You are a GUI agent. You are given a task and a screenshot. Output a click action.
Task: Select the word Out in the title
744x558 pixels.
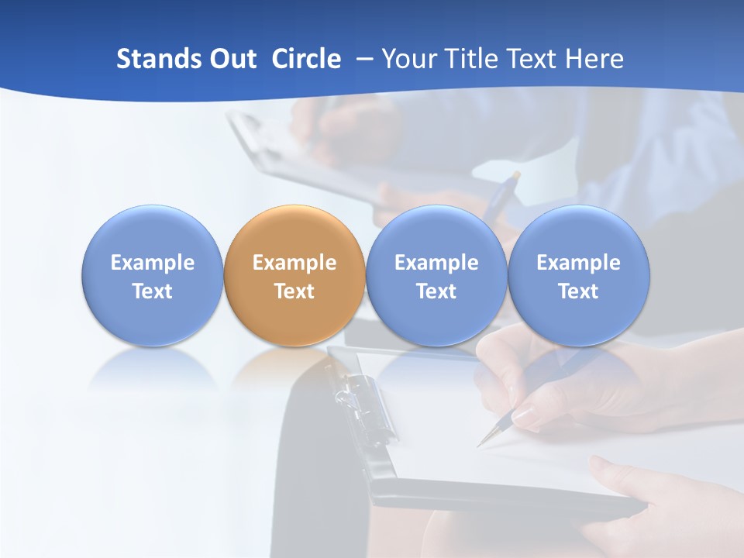coord(232,59)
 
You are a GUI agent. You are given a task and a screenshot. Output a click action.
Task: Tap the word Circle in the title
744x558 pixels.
coord(306,59)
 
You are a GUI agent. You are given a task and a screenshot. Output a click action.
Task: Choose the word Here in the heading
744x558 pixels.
coord(594,59)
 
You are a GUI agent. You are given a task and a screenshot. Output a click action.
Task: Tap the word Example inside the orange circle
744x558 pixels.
coord(294,263)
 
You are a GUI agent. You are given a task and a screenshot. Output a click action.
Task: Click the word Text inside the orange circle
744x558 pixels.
coord(294,291)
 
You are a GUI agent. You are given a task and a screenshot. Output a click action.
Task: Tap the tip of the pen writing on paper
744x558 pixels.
coord(480,446)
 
